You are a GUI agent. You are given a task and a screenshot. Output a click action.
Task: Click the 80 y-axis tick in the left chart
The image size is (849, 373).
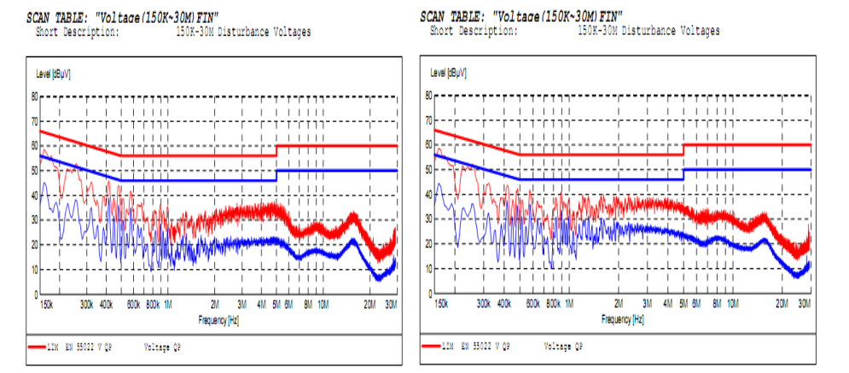click(34, 96)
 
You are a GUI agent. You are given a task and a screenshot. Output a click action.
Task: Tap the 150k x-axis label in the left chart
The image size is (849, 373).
click(47, 304)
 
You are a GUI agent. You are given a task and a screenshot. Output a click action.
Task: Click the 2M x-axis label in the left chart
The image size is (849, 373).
click(215, 304)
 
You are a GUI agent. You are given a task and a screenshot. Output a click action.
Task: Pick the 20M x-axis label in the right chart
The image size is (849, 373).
click(781, 304)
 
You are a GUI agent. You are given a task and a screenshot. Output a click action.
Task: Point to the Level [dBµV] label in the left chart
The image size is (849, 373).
click(52, 75)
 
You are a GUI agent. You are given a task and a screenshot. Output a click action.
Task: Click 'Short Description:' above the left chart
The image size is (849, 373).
click(76, 32)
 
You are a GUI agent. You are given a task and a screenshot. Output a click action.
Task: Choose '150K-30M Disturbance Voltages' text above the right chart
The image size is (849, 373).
click(648, 31)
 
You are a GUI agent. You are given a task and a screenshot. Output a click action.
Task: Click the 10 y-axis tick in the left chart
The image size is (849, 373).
click(34, 270)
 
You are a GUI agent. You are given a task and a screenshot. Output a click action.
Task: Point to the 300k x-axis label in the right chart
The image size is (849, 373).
click(484, 304)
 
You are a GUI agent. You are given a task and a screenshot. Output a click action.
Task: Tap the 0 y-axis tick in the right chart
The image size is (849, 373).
click(430, 294)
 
